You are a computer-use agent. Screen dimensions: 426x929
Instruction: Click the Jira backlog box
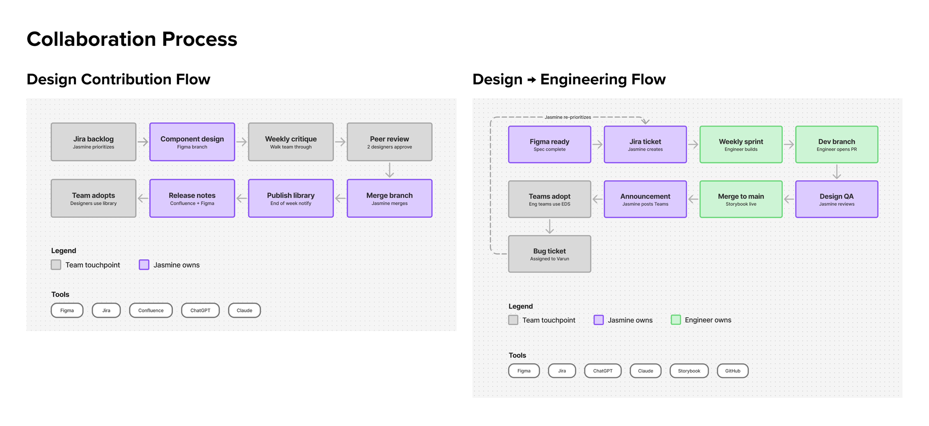point(93,142)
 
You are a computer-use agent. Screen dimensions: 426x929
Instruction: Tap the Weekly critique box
point(291,142)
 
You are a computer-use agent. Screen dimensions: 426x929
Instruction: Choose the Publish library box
point(291,198)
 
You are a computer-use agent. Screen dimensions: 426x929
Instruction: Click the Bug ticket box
point(549,254)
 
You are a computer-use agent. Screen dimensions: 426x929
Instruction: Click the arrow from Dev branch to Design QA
point(837,172)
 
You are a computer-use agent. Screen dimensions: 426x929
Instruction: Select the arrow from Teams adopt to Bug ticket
point(549,226)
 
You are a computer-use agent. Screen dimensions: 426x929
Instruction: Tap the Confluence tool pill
point(151,310)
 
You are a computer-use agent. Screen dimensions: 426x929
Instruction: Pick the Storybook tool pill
point(689,371)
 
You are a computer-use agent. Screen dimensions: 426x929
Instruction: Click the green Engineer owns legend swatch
point(676,320)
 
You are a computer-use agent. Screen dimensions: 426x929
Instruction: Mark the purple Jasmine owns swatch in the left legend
point(144,265)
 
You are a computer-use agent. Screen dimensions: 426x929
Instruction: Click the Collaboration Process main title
point(132,39)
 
